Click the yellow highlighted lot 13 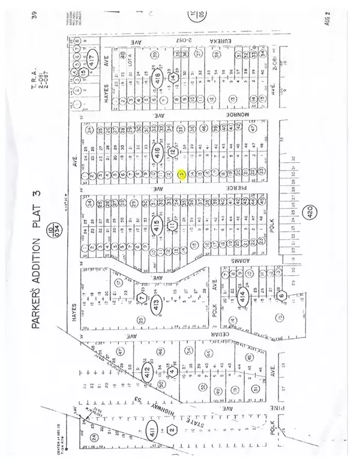click(181, 175)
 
